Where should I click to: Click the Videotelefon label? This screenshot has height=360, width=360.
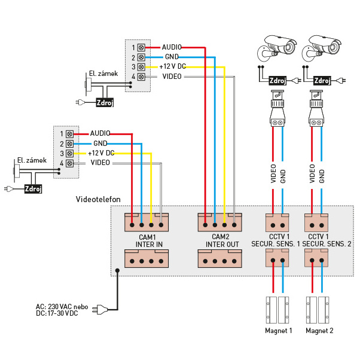(99, 199)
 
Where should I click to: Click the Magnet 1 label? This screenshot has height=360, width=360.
(277, 330)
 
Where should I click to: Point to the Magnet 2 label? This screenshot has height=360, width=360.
(319, 330)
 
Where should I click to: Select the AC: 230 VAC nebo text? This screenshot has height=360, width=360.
(62, 306)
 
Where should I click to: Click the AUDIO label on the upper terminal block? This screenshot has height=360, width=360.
(171, 46)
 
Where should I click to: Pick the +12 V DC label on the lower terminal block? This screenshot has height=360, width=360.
(100, 153)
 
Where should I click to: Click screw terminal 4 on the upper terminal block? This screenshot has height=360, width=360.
(141, 77)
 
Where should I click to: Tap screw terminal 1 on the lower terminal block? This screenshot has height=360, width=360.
(69, 134)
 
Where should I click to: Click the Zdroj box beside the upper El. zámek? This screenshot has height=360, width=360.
(104, 103)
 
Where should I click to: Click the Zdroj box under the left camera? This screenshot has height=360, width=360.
(277, 80)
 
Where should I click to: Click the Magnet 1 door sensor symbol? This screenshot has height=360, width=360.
(277, 307)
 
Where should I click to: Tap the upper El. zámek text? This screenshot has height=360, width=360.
(101, 74)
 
